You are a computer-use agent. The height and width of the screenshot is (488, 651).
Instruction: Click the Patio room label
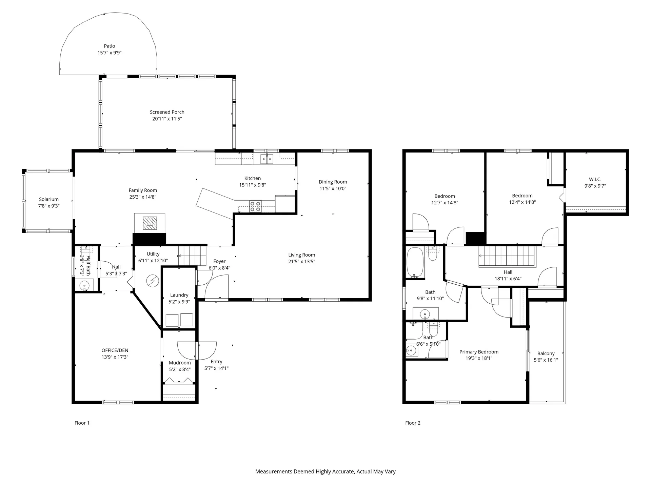tap(109, 46)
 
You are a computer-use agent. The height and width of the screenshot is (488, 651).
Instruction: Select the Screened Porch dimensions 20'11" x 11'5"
tap(167, 119)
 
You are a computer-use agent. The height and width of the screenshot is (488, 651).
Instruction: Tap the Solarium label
tap(48, 199)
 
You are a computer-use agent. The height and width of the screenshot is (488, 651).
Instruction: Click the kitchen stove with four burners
tap(255, 206)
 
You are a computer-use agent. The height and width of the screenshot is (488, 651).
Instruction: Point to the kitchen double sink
tap(267, 159)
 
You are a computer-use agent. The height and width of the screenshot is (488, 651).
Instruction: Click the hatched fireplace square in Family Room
tap(150, 223)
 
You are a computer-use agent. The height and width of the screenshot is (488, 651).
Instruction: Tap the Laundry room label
tap(179, 295)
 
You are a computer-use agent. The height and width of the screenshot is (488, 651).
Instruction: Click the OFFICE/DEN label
tap(115, 350)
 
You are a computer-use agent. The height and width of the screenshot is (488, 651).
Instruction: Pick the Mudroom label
tap(180, 363)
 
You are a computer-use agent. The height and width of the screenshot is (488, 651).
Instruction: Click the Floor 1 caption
tap(82, 423)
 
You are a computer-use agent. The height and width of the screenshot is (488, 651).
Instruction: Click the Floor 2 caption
tap(413, 423)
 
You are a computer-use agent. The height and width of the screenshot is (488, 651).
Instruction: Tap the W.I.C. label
tap(595, 180)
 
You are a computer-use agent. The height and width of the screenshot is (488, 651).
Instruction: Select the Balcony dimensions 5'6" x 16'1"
tap(546, 360)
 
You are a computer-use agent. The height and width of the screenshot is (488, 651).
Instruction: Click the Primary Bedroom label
tap(478, 352)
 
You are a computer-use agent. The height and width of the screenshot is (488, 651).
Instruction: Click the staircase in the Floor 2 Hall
tap(507, 257)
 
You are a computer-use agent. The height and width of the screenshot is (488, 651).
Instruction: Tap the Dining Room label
tap(333, 182)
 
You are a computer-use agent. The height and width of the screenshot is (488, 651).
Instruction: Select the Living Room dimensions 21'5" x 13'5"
tap(301, 262)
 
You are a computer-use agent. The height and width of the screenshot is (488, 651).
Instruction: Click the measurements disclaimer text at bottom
tap(325, 471)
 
